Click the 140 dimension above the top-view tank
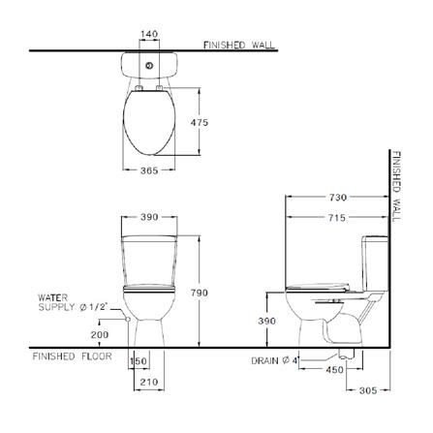(148, 34)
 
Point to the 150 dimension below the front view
(139, 361)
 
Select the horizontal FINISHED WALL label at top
(239, 45)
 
